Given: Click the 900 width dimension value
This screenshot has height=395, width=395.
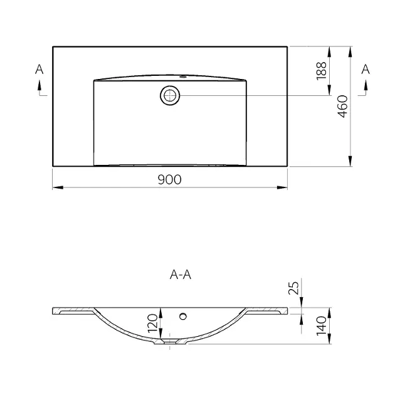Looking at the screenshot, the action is (169, 179).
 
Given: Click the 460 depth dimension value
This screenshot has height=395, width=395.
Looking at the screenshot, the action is (342, 107).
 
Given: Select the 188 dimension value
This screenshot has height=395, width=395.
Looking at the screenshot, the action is (322, 71).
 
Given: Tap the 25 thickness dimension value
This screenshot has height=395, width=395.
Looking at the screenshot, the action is (293, 287).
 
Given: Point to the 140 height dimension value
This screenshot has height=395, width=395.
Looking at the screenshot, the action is (322, 326).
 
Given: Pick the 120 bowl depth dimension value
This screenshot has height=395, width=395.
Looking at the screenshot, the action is (152, 323).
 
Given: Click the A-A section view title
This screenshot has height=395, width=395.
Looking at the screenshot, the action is (181, 275).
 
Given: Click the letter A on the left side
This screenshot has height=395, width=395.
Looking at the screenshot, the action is (39, 69).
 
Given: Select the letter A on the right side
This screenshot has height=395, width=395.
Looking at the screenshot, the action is (366, 69).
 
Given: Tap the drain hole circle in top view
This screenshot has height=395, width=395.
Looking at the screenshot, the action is (170, 96).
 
